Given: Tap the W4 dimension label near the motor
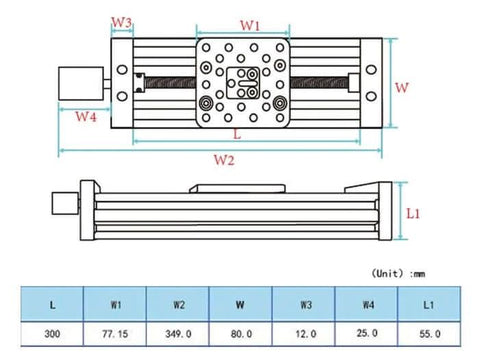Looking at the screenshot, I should (86, 117).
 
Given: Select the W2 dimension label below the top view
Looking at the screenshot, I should (223, 160).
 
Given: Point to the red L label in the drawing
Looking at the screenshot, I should (236, 132).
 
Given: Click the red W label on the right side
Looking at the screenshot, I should (402, 88).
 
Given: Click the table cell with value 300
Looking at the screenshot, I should (52, 333).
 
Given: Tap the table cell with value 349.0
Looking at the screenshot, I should (179, 333).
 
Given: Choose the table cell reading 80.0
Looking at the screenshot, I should (242, 333).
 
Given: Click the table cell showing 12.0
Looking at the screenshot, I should (305, 333).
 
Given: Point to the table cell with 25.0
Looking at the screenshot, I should (367, 333).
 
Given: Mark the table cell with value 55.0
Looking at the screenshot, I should (429, 333).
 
